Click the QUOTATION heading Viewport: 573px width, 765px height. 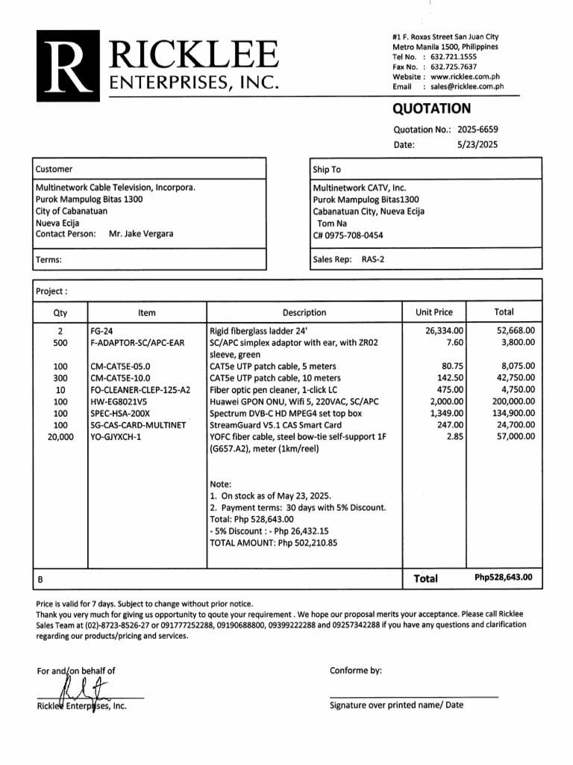click(431, 109)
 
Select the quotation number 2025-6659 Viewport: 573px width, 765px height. click(477, 129)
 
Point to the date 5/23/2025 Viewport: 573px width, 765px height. click(477, 144)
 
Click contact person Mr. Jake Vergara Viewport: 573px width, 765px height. click(141, 234)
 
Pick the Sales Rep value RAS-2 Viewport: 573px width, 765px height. click(373, 260)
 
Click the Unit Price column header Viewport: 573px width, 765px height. click(433, 312)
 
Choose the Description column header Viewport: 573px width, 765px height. click(304, 313)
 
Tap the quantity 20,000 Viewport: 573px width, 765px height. click(60, 438)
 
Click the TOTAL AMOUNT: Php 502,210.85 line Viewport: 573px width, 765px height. click(274, 543)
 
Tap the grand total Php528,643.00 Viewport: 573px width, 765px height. click(504, 578)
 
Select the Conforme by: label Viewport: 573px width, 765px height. click(355, 670)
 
